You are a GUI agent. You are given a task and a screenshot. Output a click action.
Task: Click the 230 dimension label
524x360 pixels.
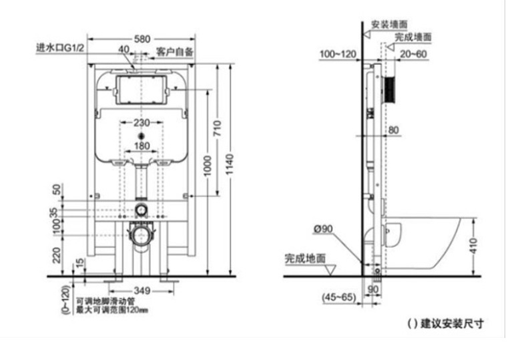tap(140, 122)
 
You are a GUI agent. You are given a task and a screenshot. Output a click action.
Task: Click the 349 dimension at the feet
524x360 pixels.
tap(142, 291)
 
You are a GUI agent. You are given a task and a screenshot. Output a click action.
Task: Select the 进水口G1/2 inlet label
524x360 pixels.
tap(60, 48)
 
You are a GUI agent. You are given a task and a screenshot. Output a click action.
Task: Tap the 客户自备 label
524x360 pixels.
tap(175, 51)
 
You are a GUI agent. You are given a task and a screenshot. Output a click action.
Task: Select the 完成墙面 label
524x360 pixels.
tap(413, 37)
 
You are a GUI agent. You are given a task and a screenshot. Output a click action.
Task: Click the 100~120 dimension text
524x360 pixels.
tap(338, 53)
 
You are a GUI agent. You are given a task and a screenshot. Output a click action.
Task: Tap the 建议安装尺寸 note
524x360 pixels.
tap(445, 325)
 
